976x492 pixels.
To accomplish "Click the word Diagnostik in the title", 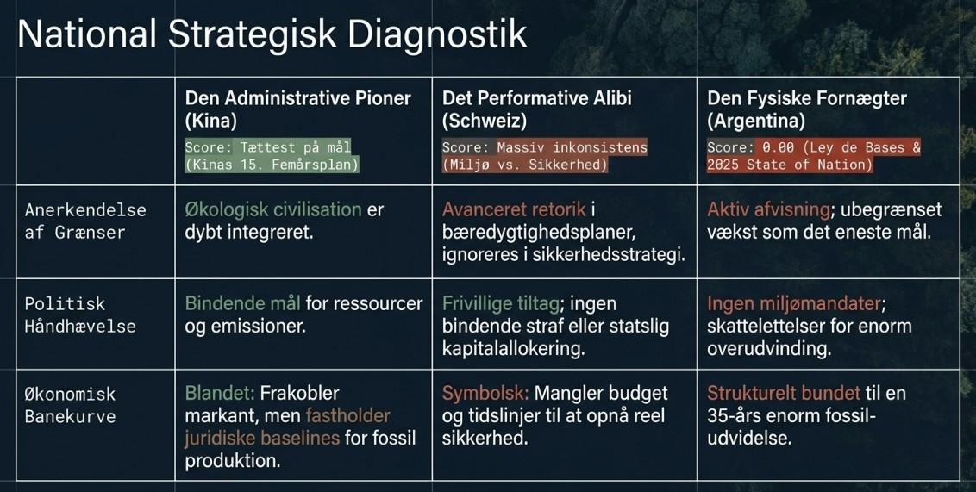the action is click(437, 35).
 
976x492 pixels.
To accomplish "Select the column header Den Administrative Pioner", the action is click(298, 98).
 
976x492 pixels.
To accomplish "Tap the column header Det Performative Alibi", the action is click(537, 97).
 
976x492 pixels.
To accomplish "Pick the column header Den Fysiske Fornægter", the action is click(807, 98).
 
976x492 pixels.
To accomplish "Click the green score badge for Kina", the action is click(272, 155).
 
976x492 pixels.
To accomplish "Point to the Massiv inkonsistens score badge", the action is click(545, 155).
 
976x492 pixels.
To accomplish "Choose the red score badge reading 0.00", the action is click(814, 155).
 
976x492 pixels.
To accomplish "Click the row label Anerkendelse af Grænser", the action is click(85, 221).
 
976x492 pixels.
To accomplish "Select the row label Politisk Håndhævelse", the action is click(80, 315).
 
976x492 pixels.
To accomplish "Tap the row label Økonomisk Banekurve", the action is click(71, 405).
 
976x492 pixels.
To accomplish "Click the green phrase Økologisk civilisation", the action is click(273, 209).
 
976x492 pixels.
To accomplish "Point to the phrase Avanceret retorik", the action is click(514, 209).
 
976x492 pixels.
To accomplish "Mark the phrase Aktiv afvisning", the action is click(769, 209).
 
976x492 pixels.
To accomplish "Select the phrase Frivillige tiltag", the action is click(500, 303).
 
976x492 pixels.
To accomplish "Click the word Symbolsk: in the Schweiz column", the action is click(485, 393).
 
